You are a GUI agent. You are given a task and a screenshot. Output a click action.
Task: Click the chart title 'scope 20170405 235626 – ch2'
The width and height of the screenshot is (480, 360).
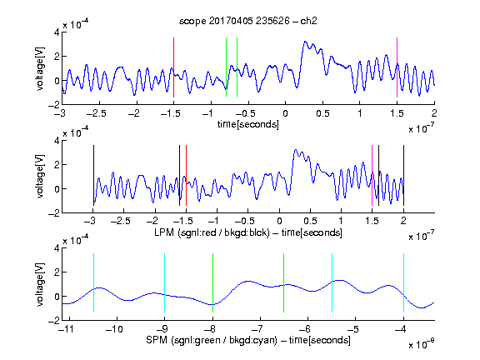point(248,21)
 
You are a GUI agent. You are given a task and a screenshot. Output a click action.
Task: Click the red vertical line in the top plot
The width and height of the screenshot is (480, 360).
point(173,67)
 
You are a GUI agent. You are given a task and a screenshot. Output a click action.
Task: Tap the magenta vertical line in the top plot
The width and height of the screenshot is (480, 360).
point(397,67)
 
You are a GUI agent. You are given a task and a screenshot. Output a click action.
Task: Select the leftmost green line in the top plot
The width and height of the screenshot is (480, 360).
point(226,67)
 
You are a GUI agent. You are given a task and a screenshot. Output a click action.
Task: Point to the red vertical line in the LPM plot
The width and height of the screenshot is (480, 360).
point(186,175)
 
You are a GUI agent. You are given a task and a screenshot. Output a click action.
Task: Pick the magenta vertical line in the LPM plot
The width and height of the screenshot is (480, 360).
point(372,175)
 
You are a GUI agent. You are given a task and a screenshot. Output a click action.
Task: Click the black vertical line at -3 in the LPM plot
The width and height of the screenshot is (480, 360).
point(93,175)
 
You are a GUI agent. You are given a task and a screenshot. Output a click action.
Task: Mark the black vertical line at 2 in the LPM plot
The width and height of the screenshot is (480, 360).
point(403,175)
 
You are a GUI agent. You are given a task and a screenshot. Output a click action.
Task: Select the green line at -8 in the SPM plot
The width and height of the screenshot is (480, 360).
point(212,282)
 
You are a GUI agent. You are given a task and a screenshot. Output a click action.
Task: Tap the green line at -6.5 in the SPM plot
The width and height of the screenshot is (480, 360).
point(284,282)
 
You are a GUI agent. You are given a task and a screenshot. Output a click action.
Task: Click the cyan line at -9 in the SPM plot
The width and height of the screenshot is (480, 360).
point(165,282)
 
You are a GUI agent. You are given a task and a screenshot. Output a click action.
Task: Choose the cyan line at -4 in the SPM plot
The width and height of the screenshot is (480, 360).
point(403,282)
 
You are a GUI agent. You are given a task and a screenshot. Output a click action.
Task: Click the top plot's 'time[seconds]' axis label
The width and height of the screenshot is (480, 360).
point(248,124)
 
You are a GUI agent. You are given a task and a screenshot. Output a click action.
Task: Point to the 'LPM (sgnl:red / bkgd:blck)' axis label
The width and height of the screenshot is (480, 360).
point(212,232)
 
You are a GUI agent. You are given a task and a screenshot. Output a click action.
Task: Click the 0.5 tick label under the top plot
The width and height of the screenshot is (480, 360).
point(322,113)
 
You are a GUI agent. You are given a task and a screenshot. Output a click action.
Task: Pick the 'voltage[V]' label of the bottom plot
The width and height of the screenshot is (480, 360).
point(40,285)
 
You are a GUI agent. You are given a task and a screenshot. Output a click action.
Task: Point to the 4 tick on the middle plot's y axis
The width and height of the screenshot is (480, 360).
point(57,141)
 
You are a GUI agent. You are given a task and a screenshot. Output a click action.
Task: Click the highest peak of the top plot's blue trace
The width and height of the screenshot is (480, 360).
point(305,41)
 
